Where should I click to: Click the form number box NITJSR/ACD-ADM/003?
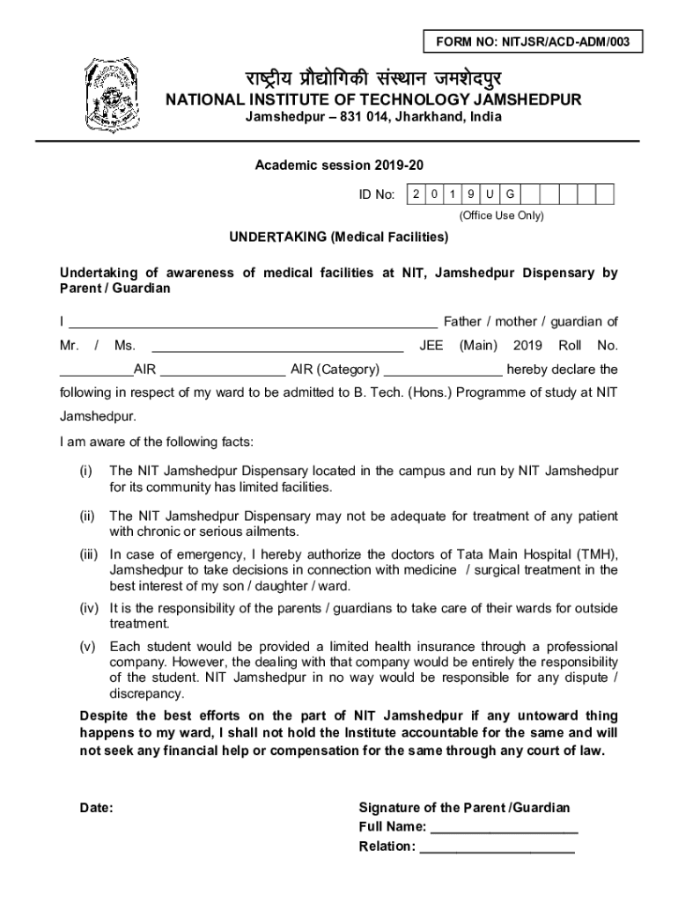(533, 40)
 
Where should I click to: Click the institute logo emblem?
(111, 93)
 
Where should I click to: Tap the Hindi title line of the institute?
(373, 77)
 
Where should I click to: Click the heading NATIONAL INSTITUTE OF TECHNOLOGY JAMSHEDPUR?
(373, 100)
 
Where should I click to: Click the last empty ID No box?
(603, 194)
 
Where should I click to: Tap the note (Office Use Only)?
(501, 216)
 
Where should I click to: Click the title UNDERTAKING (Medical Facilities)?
(339, 238)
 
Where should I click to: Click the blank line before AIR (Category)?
(224, 370)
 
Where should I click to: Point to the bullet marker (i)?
(85, 472)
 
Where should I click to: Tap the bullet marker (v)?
(86, 647)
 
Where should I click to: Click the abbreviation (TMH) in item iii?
(595, 554)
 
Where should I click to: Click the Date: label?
(96, 808)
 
